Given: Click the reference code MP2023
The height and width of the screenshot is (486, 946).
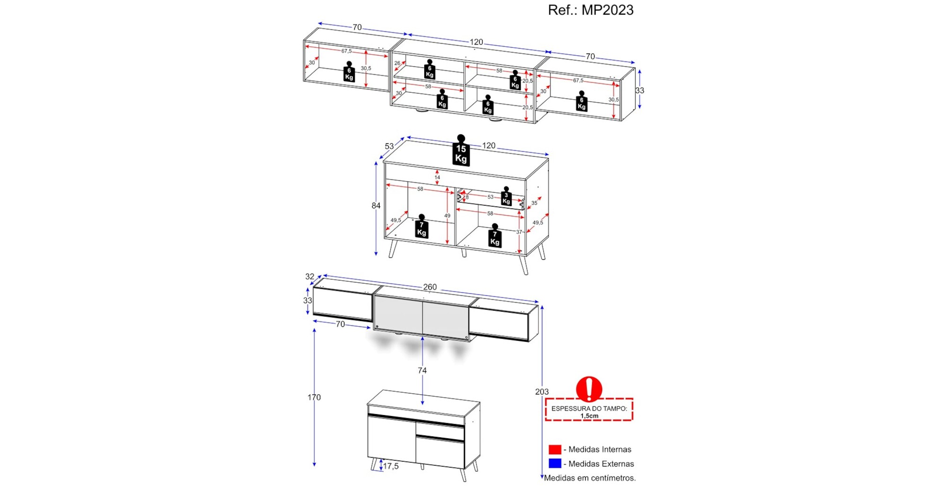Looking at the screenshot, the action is coord(607,10).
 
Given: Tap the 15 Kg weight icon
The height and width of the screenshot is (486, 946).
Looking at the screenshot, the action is coord(461,150).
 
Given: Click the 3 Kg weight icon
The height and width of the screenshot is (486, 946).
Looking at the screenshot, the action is coord(506,196).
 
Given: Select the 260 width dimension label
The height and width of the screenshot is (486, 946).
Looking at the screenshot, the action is coord(430,287).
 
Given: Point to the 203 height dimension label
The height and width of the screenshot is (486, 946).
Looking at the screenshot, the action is coord(542,392).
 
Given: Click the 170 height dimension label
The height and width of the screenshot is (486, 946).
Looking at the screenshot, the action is coord(314,398).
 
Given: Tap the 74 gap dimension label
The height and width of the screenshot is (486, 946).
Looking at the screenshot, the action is coord(422,371).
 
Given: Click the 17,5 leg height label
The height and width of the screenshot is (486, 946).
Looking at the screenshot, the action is coord(391,466).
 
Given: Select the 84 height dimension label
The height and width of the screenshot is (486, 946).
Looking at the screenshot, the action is coord(376,206).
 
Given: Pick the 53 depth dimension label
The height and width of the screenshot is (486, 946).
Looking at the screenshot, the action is coord(389,147).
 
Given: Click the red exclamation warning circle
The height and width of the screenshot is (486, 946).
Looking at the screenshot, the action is coord(589,389).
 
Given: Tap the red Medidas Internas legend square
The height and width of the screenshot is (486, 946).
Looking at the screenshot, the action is coord(555,450).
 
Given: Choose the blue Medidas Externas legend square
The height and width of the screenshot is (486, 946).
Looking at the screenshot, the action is coord(555,464).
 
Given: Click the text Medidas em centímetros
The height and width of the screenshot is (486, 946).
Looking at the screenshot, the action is coord(590,478).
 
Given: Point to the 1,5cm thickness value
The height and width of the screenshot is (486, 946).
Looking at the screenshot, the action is coord(589,416).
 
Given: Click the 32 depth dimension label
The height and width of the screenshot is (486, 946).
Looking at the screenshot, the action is coord(310,277).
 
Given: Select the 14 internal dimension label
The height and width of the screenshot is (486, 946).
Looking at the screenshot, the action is coord(437,177).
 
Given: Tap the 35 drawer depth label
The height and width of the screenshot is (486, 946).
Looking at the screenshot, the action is coord(534,203).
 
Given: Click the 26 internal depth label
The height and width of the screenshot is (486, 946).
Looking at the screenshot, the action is coord(397,63).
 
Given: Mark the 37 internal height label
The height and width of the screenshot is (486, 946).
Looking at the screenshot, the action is coord(519,232).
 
